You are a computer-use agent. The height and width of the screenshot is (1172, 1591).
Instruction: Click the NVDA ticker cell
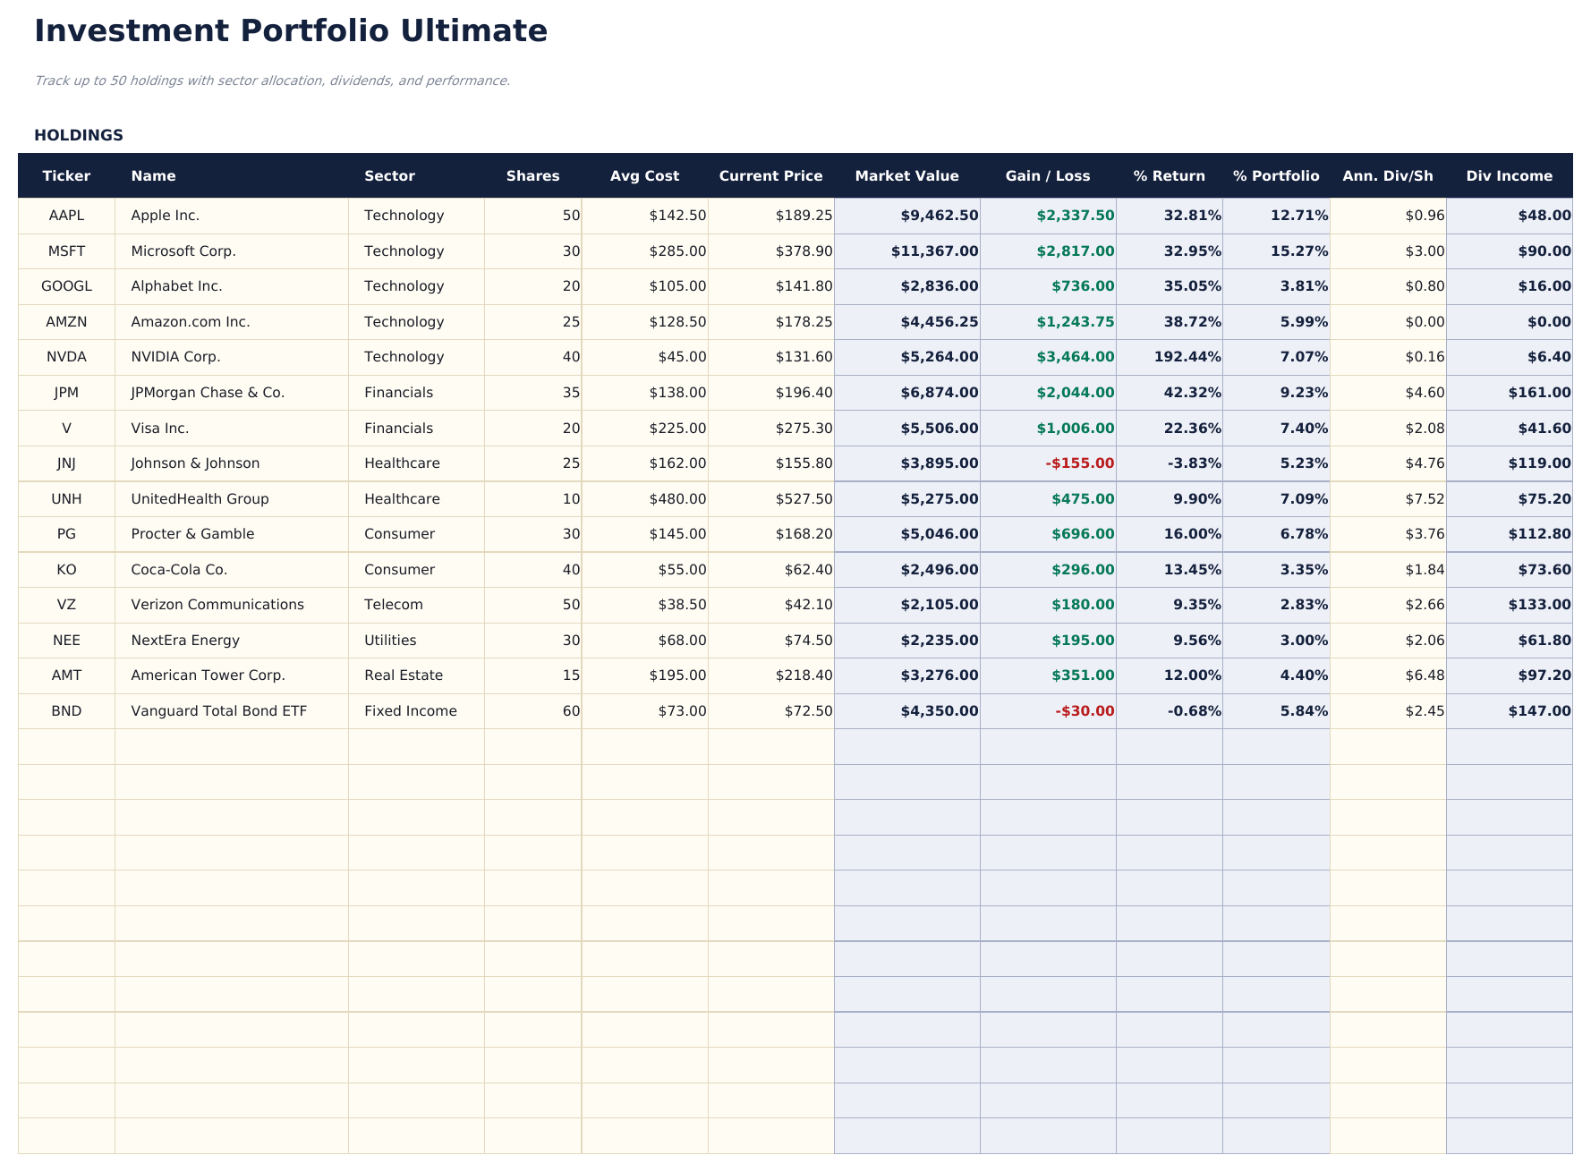66,357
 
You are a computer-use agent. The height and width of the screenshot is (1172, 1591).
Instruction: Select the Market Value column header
906,176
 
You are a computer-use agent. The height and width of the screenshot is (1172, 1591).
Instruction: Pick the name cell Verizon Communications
217,605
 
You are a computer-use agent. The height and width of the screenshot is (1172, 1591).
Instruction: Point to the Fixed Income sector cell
411,711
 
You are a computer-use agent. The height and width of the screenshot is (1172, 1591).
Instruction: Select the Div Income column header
1509,176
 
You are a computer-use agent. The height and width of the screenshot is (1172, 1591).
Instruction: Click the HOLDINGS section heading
79,135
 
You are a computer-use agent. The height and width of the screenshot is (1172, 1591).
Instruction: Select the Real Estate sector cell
404,675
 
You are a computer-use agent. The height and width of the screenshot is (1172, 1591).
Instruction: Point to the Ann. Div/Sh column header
1387,176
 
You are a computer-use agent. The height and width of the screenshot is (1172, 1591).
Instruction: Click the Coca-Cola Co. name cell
179,570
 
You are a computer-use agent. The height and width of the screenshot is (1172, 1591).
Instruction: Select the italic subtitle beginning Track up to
272,81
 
